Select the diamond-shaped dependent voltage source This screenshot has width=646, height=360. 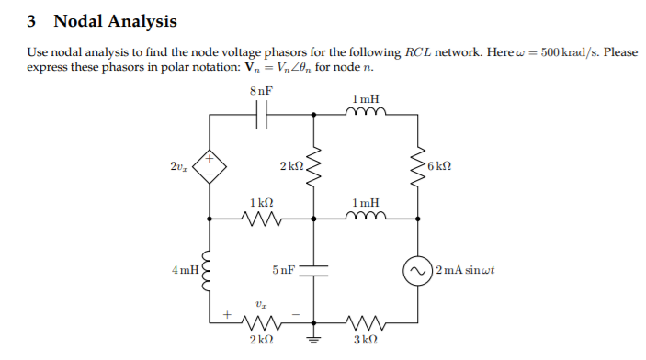coord(210,166)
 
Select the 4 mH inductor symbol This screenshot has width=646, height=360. coord(210,271)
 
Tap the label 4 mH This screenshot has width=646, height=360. coord(183,271)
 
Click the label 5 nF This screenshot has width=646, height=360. coord(283,271)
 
